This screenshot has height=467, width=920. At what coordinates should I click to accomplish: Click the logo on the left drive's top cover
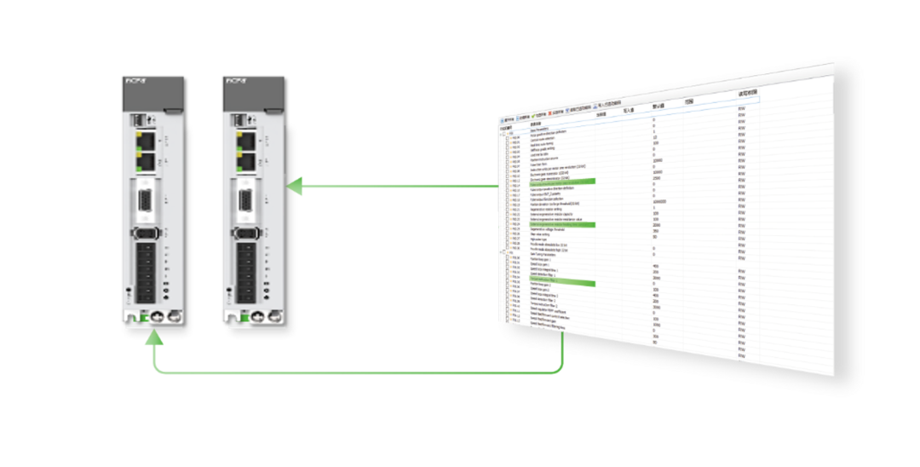(x=135, y=81)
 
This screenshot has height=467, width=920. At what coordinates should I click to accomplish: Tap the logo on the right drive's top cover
(x=236, y=81)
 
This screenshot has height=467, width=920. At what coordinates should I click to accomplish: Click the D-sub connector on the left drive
(x=146, y=202)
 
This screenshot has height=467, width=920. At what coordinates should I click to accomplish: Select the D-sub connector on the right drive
(x=246, y=202)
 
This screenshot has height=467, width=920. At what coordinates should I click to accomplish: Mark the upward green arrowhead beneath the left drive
(x=154, y=339)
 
